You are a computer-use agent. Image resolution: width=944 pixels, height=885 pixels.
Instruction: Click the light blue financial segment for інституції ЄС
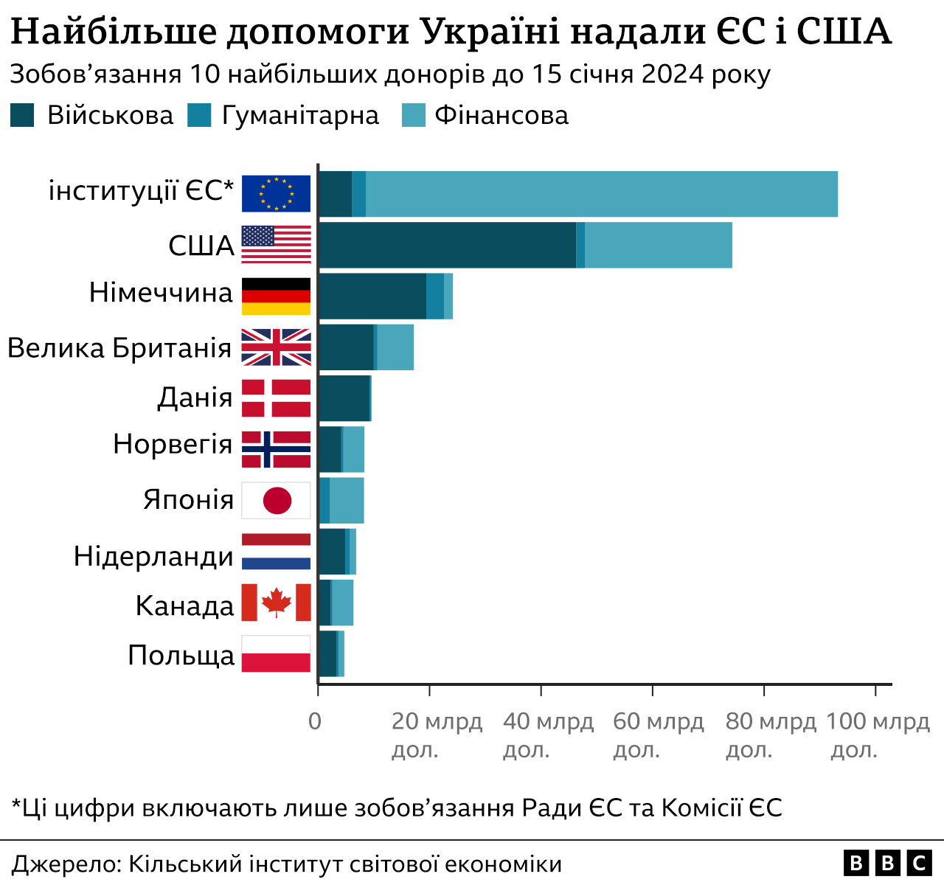tap(601, 194)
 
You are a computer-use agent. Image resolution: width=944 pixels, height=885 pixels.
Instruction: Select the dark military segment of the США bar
tap(447, 245)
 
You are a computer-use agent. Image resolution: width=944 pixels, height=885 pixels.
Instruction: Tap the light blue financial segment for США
tap(658, 245)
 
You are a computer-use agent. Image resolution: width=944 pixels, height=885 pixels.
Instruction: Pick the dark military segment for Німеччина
tap(372, 296)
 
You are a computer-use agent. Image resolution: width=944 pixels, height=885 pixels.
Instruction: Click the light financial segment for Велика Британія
tap(395, 347)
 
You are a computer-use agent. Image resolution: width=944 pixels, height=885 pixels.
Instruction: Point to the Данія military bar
tap(344, 398)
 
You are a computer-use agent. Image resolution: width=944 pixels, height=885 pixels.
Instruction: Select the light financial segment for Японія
tap(347, 500)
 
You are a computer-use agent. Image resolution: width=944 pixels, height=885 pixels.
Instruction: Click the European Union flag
tap(276, 194)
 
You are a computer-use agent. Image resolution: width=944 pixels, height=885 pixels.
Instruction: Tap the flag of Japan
tap(276, 501)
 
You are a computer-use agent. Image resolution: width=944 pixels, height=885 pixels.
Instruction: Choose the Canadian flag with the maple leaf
tap(276, 603)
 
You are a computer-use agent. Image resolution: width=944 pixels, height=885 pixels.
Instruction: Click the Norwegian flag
tap(276, 449)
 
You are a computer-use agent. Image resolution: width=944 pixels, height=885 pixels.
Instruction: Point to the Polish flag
tap(276, 653)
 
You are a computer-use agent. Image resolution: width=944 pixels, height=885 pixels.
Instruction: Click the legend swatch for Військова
tap(22, 116)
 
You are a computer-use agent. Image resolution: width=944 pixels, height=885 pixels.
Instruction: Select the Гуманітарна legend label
tap(300, 116)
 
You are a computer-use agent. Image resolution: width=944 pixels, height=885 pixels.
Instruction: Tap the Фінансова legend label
tap(502, 116)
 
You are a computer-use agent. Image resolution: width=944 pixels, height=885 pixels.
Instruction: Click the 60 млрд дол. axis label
tap(658, 735)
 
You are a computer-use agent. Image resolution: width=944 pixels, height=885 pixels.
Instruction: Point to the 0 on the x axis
tap(315, 721)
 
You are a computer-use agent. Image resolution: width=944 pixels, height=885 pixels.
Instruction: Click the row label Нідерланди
tap(153, 556)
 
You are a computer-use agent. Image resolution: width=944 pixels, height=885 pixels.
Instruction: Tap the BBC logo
tap(887, 863)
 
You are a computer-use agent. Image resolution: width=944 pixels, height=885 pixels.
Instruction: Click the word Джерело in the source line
tap(65, 864)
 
